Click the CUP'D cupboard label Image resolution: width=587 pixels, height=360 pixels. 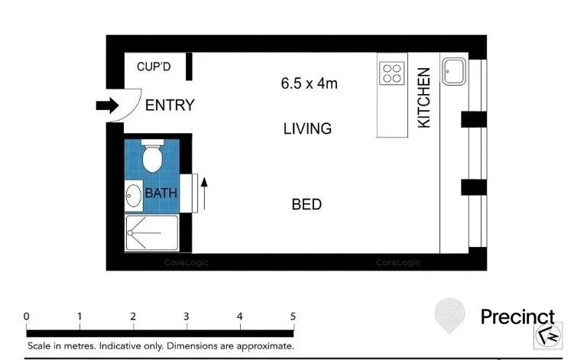[154, 67]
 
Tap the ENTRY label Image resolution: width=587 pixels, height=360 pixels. [170, 105]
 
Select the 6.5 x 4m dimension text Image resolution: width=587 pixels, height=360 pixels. [309, 83]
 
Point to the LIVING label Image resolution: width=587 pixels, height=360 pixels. [307, 128]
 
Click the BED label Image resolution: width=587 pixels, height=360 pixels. [306, 205]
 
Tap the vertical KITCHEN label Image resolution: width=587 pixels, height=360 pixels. [424, 98]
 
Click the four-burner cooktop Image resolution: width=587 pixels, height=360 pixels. [391, 73]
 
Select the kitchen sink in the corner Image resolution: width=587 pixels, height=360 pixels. [453, 72]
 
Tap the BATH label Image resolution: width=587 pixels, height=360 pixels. [161, 193]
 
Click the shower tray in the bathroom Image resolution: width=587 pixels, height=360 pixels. [151, 232]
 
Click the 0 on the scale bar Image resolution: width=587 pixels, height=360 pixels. [27, 316]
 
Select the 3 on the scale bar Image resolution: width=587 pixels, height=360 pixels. [186, 316]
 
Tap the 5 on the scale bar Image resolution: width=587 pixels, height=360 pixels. [293, 316]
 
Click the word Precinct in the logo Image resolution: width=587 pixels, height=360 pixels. [517, 316]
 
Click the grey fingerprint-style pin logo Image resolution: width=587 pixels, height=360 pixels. [449, 316]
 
